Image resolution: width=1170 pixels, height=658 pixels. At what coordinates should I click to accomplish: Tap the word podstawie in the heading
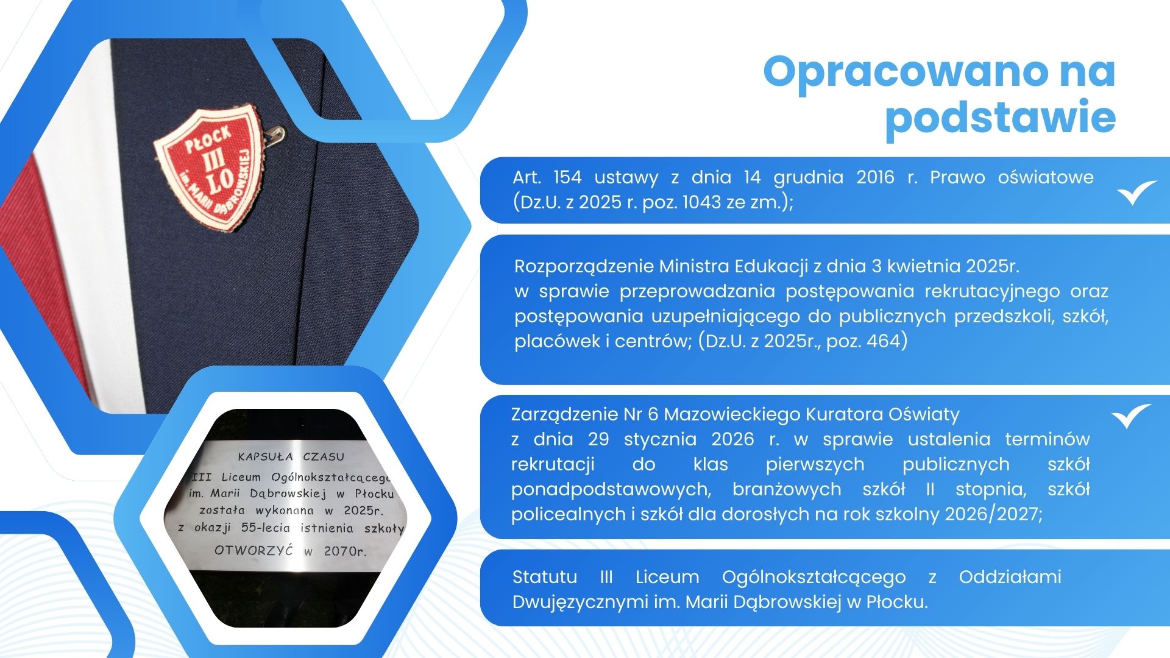click(1001, 118)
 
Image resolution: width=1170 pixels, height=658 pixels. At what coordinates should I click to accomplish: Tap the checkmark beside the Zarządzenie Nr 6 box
click(1132, 416)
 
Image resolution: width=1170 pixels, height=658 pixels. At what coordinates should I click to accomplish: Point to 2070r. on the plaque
click(346, 551)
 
